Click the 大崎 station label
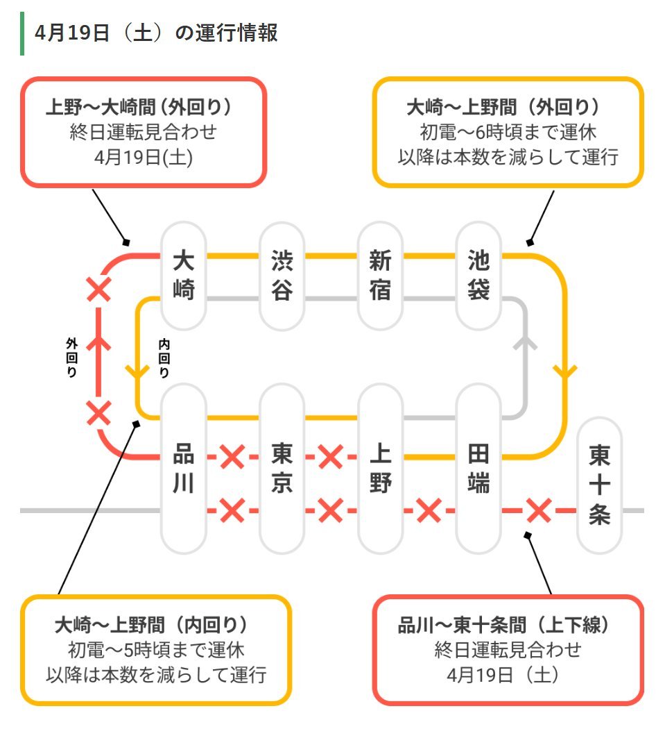pyautogui.click(x=183, y=275)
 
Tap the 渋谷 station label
pyautogui.click(x=282, y=275)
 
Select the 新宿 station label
pyautogui.click(x=380, y=275)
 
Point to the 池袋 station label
pyautogui.click(x=478, y=275)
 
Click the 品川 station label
pyautogui.click(x=183, y=468)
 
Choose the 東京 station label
pyautogui.click(x=282, y=468)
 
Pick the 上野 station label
pyautogui.click(x=380, y=468)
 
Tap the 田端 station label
pyautogui.click(x=478, y=468)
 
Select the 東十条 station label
pyautogui.click(x=599, y=485)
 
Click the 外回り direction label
pyautogui.click(x=71, y=358)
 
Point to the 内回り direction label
pyautogui.click(x=164, y=358)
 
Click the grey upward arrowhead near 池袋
pyautogui.click(x=525, y=343)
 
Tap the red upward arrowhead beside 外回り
pyautogui.click(x=98, y=342)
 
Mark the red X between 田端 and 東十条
pyautogui.click(x=539, y=510)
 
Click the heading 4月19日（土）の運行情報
pyautogui.click(x=156, y=33)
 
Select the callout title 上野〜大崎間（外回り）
pyautogui.click(x=139, y=107)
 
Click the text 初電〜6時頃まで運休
pyautogui.click(x=508, y=132)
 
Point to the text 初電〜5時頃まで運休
pyautogui.click(x=156, y=650)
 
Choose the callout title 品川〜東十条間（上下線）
pyautogui.click(x=503, y=625)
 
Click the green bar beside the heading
pyautogui.click(x=22, y=33)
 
